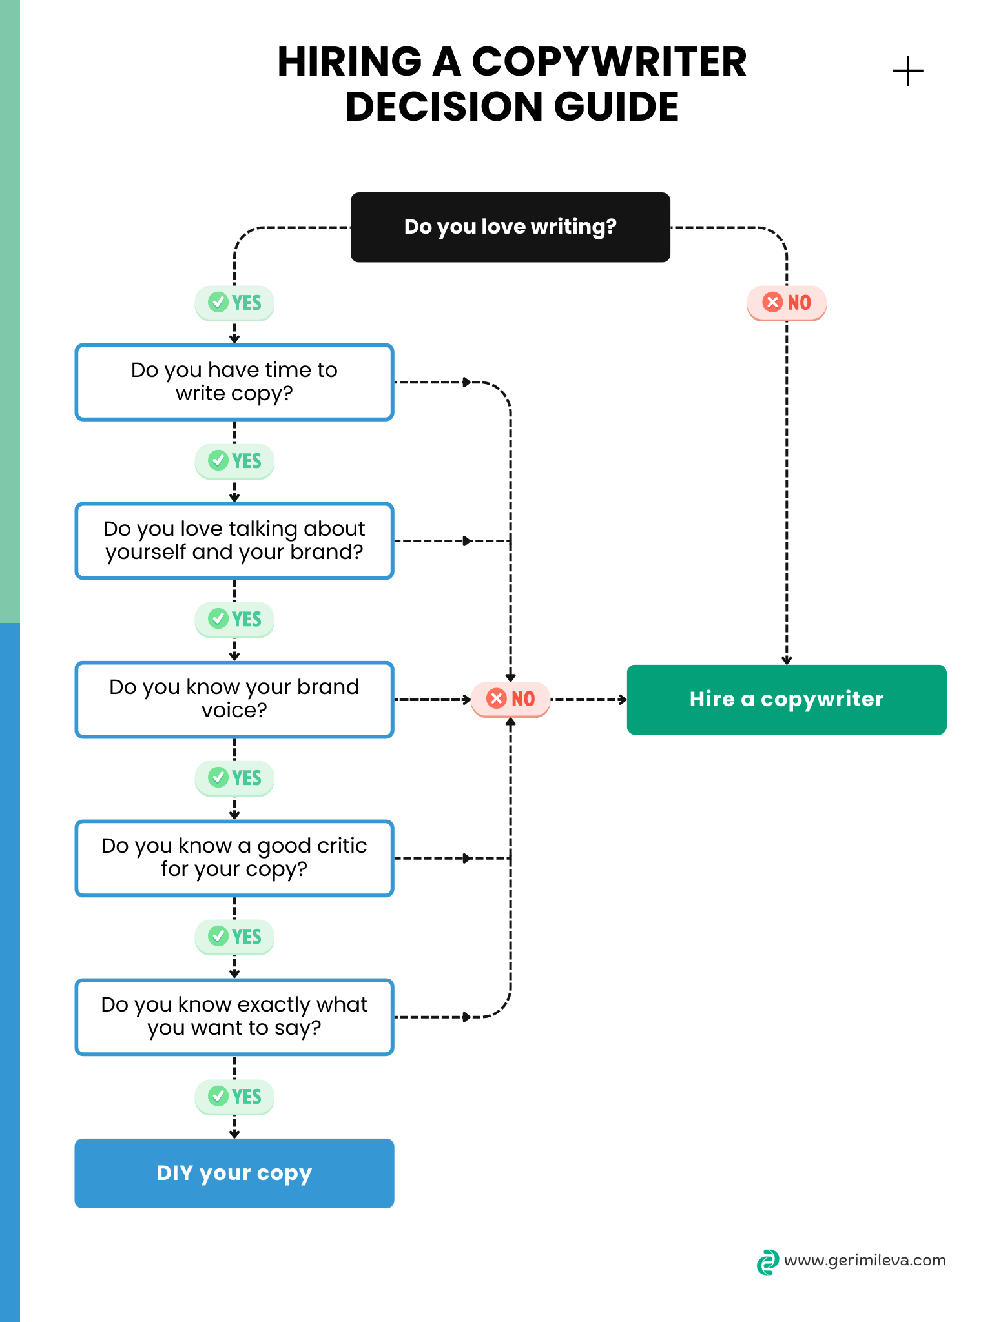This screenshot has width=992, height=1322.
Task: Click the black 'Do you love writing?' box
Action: (x=510, y=227)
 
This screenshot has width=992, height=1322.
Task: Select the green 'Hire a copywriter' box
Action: (x=786, y=700)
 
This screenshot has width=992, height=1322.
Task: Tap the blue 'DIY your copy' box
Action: (x=234, y=1173)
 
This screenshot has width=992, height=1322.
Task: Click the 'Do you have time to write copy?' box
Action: (x=234, y=382)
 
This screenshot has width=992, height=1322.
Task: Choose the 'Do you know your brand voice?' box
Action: (x=234, y=699)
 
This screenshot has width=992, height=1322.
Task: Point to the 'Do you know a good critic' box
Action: (x=234, y=858)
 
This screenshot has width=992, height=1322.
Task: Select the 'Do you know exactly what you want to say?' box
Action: (x=234, y=1017)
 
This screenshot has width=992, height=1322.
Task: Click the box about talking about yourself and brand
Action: (x=234, y=541)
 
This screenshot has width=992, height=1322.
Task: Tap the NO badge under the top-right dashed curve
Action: (x=786, y=303)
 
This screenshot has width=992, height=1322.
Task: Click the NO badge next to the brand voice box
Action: (x=510, y=699)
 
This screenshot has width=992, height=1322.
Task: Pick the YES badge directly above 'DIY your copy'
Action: (x=234, y=1096)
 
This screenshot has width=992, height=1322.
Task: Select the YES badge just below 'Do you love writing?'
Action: (x=234, y=303)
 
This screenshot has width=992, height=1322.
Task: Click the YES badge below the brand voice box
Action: (x=234, y=778)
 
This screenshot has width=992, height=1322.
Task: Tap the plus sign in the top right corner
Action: (x=907, y=71)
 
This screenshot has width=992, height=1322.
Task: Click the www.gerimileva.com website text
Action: (x=864, y=1260)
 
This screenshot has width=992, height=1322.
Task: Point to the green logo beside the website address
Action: (x=767, y=1262)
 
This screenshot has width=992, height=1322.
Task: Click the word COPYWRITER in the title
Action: (x=608, y=63)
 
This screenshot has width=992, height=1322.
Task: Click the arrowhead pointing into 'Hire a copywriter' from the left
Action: (x=623, y=700)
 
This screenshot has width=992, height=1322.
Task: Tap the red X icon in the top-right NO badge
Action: (x=772, y=302)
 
